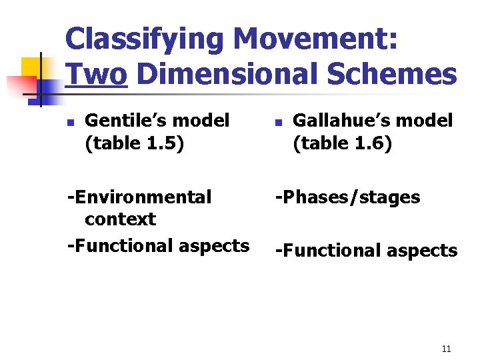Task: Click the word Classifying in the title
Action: pyautogui.click(x=144, y=39)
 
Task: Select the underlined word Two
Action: pyautogui.click(x=96, y=75)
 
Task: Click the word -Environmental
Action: pyautogui.click(x=139, y=197)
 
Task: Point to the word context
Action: pyautogui.click(x=120, y=219)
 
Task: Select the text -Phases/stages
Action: pyautogui.click(x=347, y=197)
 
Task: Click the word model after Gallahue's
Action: pyautogui.click(x=425, y=121)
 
